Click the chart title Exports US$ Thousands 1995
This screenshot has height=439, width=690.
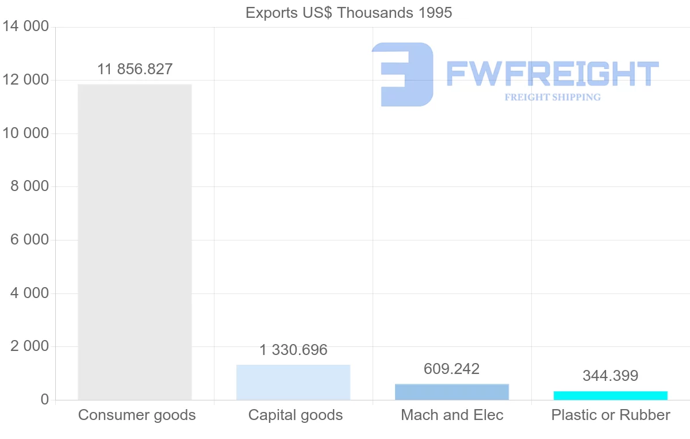[348, 13]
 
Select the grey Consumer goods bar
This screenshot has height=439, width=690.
[135, 242]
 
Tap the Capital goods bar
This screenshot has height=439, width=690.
[293, 382]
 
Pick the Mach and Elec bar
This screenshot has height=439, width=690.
[452, 392]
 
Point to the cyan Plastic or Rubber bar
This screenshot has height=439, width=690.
[611, 395]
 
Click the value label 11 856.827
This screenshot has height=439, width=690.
[135, 69]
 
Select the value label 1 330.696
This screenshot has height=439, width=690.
[293, 350]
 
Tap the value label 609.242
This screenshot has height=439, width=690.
[452, 369]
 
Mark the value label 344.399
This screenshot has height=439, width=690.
[611, 376]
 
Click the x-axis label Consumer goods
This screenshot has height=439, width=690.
[137, 415]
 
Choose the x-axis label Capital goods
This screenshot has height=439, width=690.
[296, 415]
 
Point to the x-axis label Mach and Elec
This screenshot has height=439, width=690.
[452, 415]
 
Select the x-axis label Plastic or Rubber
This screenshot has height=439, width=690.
[611, 415]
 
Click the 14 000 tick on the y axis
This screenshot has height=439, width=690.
[26, 27]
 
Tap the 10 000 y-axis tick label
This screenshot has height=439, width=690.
[26, 133]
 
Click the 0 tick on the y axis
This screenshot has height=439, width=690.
[45, 400]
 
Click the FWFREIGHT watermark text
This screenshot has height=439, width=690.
[553, 74]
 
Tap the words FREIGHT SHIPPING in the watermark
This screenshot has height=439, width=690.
[553, 97]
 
